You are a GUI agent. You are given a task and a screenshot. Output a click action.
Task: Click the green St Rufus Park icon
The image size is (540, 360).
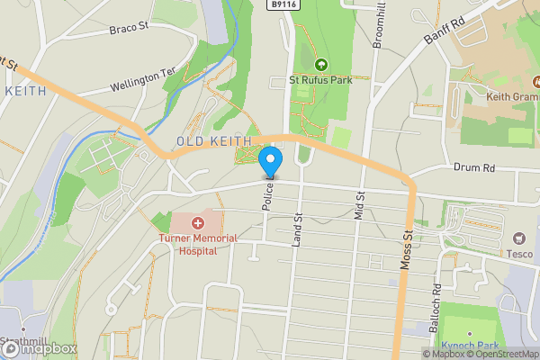click(x=321, y=64)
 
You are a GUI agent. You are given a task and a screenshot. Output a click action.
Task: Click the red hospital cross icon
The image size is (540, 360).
click(x=197, y=221)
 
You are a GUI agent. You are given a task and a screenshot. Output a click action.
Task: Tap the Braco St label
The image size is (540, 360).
click(x=128, y=28)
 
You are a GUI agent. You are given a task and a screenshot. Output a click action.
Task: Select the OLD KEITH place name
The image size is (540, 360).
click(x=208, y=141)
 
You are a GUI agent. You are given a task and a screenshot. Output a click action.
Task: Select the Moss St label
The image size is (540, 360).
click(x=407, y=248)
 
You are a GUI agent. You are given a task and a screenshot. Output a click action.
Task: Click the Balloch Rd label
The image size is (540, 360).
click(x=436, y=301)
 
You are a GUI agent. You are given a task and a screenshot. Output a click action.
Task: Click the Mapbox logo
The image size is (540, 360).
click(x=40, y=348)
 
